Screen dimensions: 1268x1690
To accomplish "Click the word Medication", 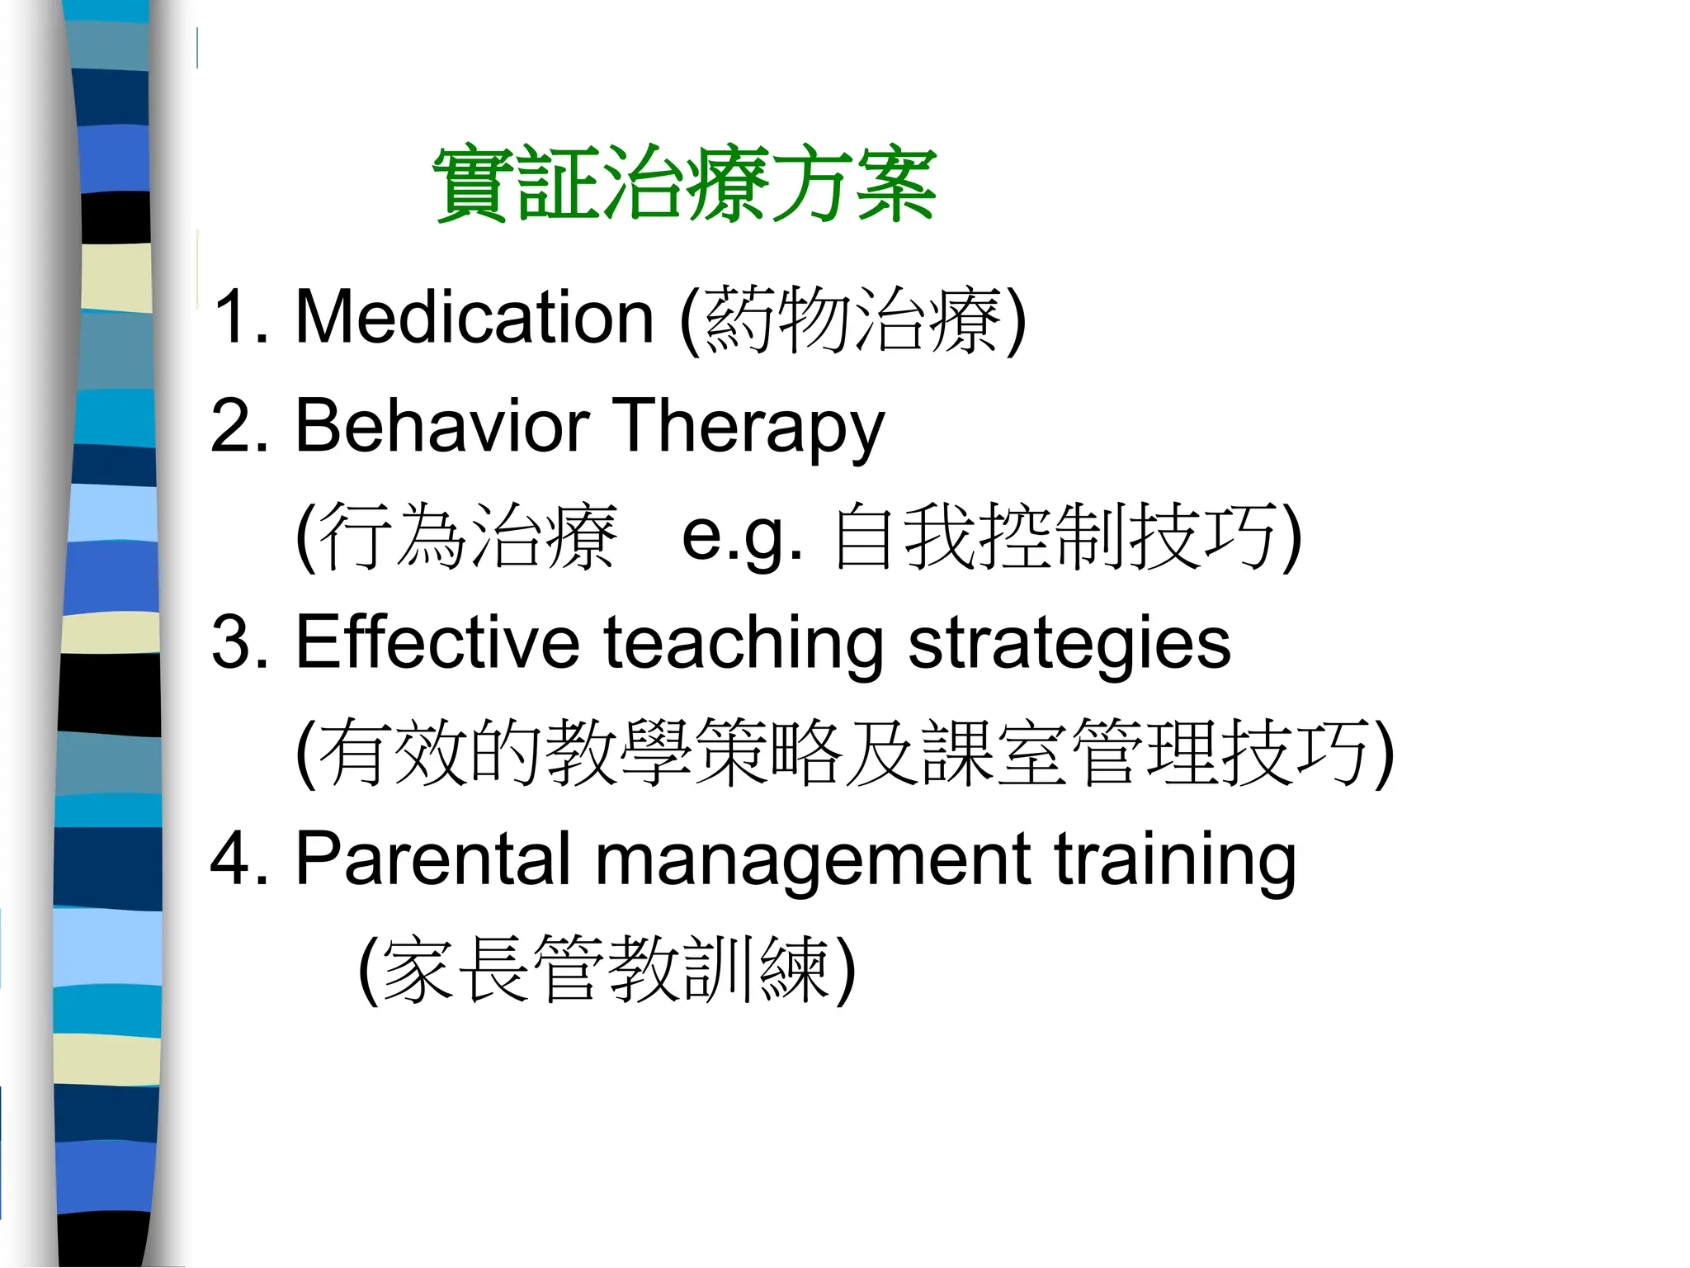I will coord(474,317).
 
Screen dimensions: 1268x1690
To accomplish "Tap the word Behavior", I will coord(441,426).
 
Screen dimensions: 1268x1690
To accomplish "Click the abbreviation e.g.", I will coord(742,537).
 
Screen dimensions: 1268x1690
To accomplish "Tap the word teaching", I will coord(744,644).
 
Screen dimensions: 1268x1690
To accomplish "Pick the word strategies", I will coord(1069,644).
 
